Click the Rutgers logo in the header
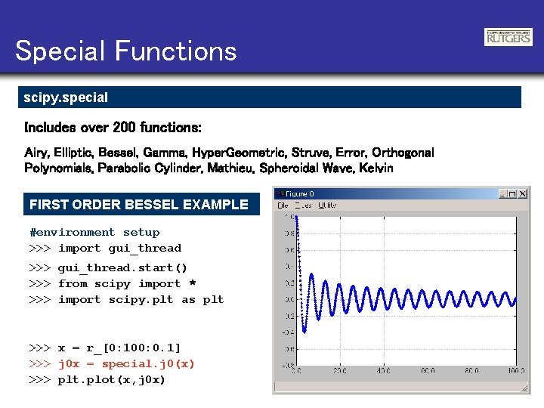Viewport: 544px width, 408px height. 508,37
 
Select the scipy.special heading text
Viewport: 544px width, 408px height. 66,97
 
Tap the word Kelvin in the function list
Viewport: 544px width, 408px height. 376,168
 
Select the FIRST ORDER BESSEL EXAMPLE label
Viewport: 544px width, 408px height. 138,204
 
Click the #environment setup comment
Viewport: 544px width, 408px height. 94,232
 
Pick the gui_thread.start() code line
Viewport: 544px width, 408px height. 122,267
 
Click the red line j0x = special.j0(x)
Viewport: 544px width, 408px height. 126,363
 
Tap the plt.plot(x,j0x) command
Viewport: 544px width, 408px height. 111,379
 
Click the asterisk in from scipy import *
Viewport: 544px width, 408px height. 192,283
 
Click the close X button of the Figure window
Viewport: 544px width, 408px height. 523,194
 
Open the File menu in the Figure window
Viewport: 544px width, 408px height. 283,205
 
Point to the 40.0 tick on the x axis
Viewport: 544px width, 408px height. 385,370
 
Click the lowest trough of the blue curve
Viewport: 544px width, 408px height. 304,331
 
